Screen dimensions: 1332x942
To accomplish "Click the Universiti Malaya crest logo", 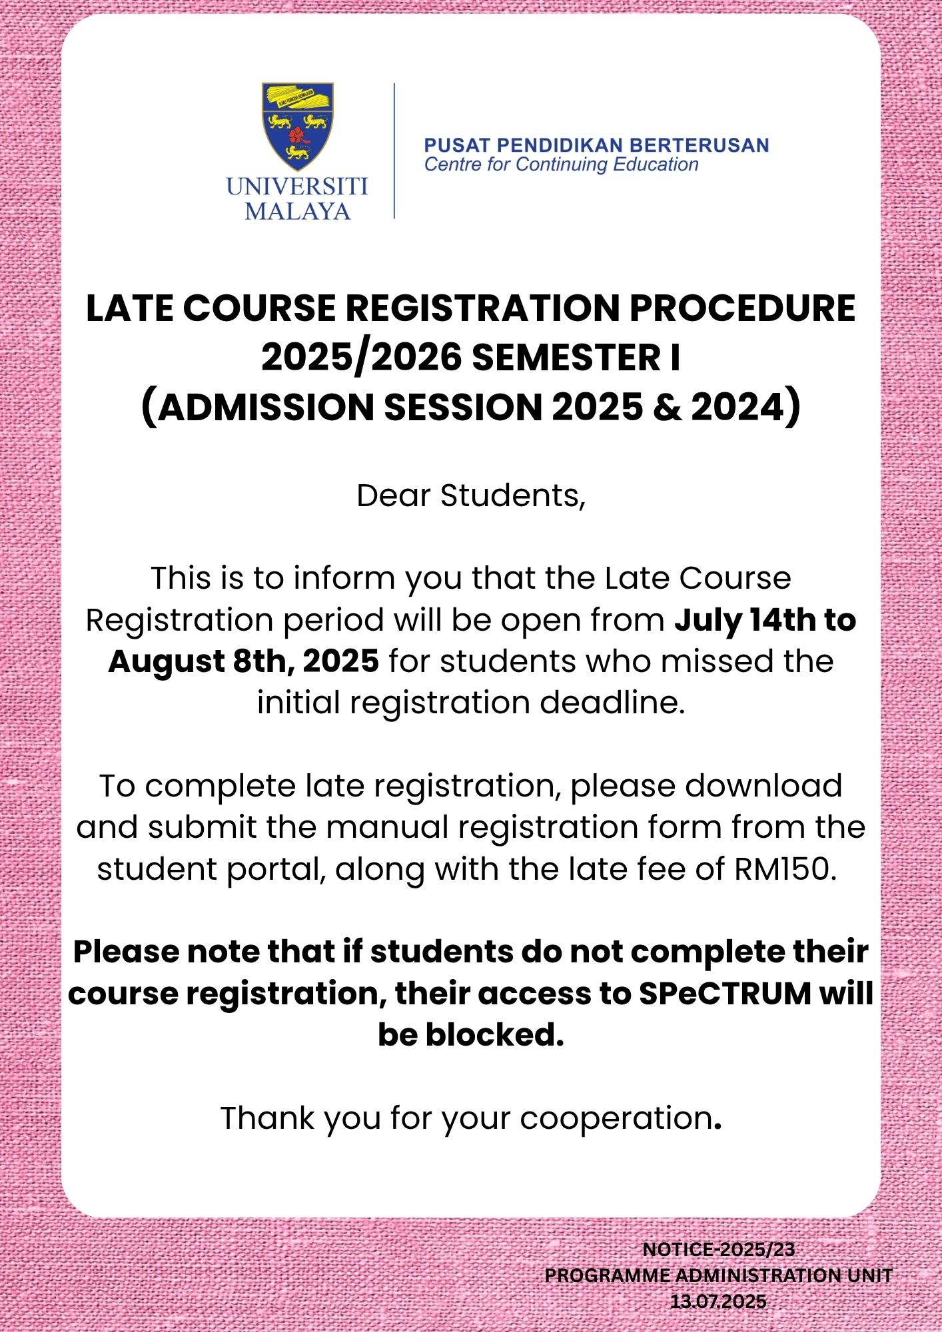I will click(x=297, y=125).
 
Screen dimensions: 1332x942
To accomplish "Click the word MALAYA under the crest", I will click(x=297, y=211).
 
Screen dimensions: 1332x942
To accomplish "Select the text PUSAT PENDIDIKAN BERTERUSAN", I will click(x=596, y=145).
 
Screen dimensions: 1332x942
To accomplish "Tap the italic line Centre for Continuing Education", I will click(x=561, y=165).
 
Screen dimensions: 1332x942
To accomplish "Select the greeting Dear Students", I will click(x=470, y=496).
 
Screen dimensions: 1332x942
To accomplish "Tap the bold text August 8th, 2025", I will click(x=244, y=661).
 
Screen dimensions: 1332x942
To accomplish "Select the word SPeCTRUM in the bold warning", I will click(x=725, y=994).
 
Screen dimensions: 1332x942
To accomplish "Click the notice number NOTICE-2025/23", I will click(x=718, y=1250).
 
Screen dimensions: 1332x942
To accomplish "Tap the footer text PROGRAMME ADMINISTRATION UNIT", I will click(x=718, y=1275).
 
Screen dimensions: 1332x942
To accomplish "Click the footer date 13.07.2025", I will click(x=718, y=1301).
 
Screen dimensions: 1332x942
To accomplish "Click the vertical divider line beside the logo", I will click(x=394, y=151).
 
